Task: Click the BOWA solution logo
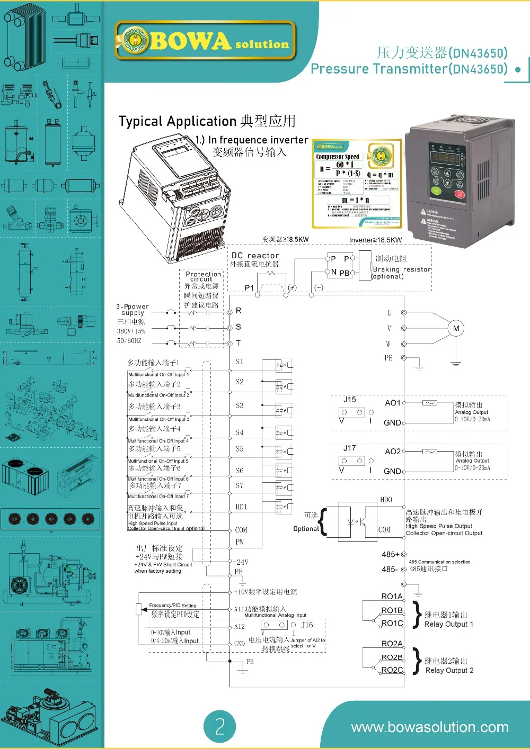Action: (x=206, y=41)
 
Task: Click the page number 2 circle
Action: (x=220, y=726)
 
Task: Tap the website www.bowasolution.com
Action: (x=429, y=727)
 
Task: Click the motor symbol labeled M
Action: (x=456, y=329)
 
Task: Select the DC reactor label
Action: (x=255, y=256)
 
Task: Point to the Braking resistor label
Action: (x=402, y=269)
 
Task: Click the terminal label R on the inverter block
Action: (x=238, y=311)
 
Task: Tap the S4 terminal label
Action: (x=240, y=432)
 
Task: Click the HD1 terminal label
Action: (x=241, y=507)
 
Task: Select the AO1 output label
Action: (x=393, y=403)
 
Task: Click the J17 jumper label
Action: (x=349, y=448)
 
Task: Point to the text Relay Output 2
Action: (x=449, y=670)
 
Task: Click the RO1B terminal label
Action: (x=392, y=610)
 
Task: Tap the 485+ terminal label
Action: (x=390, y=554)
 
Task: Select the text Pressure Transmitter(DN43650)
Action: (x=409, y=69)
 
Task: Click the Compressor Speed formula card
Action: (x=356, y=184)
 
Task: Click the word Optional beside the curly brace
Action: (x=306, y=528)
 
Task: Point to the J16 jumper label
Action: (x=307, y=625)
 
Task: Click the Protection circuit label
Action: (x=203, y=276)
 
